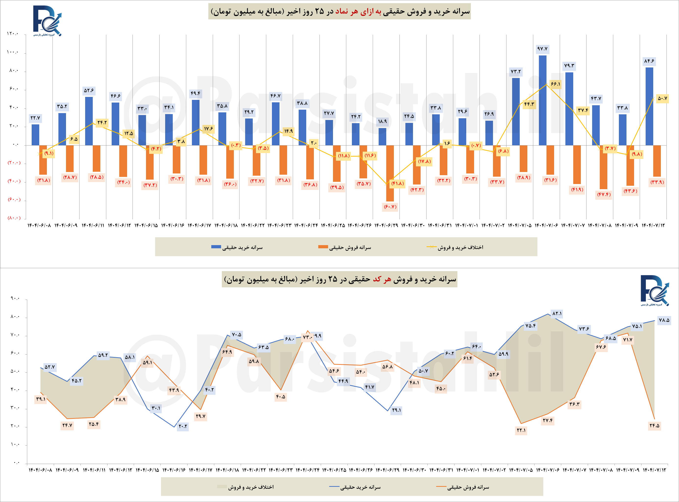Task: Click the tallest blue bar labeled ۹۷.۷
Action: tap(542, 100)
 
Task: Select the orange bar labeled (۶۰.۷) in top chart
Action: tap(390, 173)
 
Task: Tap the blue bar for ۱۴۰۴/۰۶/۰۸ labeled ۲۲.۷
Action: tap(35, 135)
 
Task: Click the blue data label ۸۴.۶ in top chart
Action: tap(649, 61)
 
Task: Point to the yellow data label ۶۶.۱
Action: tap(555, 84)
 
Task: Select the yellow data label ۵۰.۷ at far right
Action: tap(662, 98)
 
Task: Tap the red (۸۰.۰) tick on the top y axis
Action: tap(14, 218)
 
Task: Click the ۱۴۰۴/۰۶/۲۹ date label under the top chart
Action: tap(386, 225)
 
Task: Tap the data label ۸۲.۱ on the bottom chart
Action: tap(557, 313)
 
